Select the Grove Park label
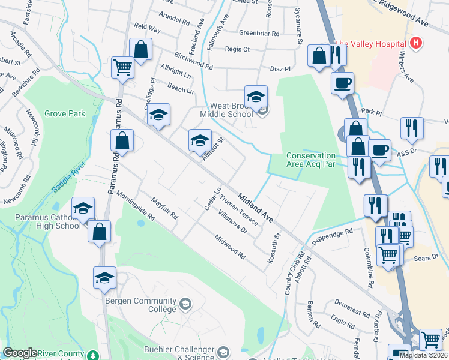pos(64,113)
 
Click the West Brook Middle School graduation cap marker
pos(255,97)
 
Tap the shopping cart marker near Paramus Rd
pos(122,68)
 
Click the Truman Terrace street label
pos(238,213)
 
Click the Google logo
pos(20,353)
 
